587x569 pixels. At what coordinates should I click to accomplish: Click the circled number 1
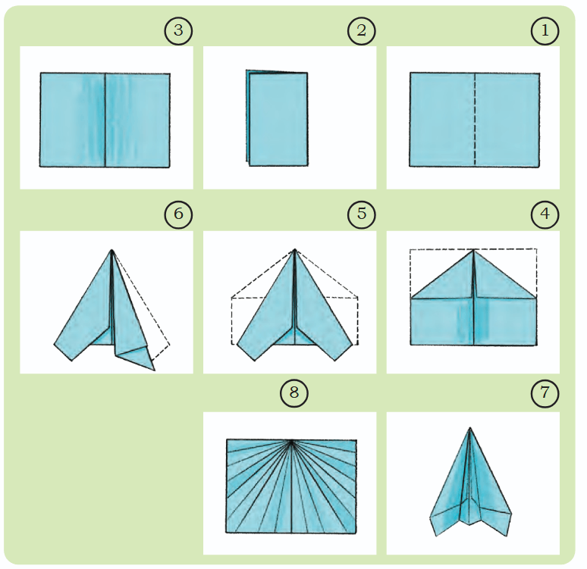(545, 30)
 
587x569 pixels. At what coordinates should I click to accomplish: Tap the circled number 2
(361, 30)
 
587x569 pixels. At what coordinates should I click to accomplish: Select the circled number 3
(178, 30)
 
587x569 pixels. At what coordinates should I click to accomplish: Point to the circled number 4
(545, 214)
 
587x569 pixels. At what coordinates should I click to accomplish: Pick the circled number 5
(361, 214)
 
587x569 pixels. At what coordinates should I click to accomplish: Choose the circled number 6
(178, 214)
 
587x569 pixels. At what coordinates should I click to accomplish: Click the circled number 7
(545, 392)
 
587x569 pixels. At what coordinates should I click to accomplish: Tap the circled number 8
(293, 392)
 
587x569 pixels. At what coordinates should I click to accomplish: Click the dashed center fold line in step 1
(475, 120)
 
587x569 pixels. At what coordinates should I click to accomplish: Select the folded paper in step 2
(277, 118)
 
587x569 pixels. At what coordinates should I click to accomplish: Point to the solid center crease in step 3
(105, 120)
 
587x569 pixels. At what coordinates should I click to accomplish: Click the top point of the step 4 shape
(473, 250)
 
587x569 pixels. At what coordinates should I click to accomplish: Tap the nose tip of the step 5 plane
(295, 249)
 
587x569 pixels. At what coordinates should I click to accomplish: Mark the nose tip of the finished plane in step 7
(470, 427)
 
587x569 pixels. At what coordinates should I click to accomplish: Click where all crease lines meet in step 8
(292, 441)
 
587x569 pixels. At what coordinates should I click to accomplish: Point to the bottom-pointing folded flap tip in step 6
(154, 370)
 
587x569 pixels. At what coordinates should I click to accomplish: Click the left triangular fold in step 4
(442, 277)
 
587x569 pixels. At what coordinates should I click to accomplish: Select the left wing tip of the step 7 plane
(437, 536)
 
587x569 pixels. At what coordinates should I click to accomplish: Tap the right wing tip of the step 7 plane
(508, 536)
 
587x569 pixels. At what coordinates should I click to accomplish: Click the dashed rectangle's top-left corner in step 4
(410, 249)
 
